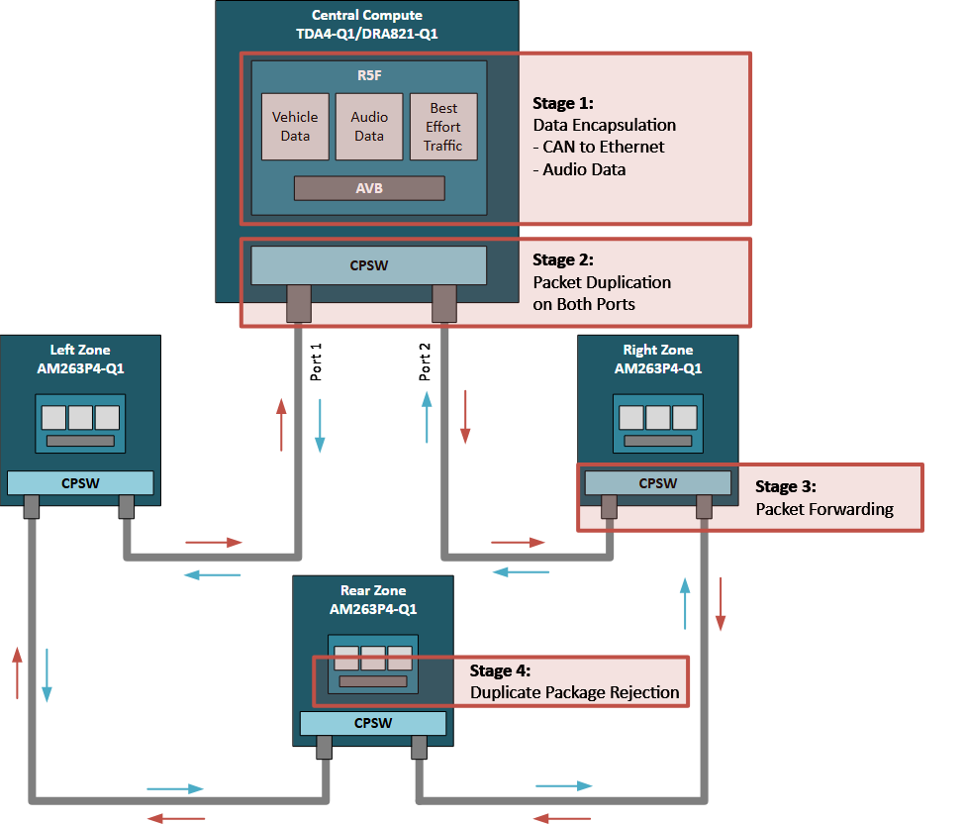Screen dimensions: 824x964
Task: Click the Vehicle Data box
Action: point(295,127)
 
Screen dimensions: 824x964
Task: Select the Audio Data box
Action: point(369,127)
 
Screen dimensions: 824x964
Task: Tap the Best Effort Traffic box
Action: point(443,127)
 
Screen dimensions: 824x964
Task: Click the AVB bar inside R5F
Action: point(369,188)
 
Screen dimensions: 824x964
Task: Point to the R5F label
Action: point(369,74)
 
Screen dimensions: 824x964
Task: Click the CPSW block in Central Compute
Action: point(369,265)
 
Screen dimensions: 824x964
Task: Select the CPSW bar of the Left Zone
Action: point(80,482)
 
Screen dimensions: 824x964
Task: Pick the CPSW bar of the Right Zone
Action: point(658,483)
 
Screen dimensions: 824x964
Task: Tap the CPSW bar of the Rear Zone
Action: point(373,723)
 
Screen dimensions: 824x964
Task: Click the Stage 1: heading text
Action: point(563,103)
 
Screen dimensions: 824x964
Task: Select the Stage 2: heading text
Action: point(563,259)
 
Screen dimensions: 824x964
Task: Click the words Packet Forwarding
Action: point(824,509)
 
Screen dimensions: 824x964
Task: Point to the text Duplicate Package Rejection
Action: point(575,692)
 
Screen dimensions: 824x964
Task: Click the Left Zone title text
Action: point(80,350)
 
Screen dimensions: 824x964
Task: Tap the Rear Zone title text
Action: point(373,590)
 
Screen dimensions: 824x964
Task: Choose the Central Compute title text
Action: point(367,15)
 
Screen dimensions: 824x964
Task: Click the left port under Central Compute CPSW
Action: point(298,304)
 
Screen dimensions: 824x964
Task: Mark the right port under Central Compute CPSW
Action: point(444,304)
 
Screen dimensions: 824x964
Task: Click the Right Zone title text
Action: point(658,350)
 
